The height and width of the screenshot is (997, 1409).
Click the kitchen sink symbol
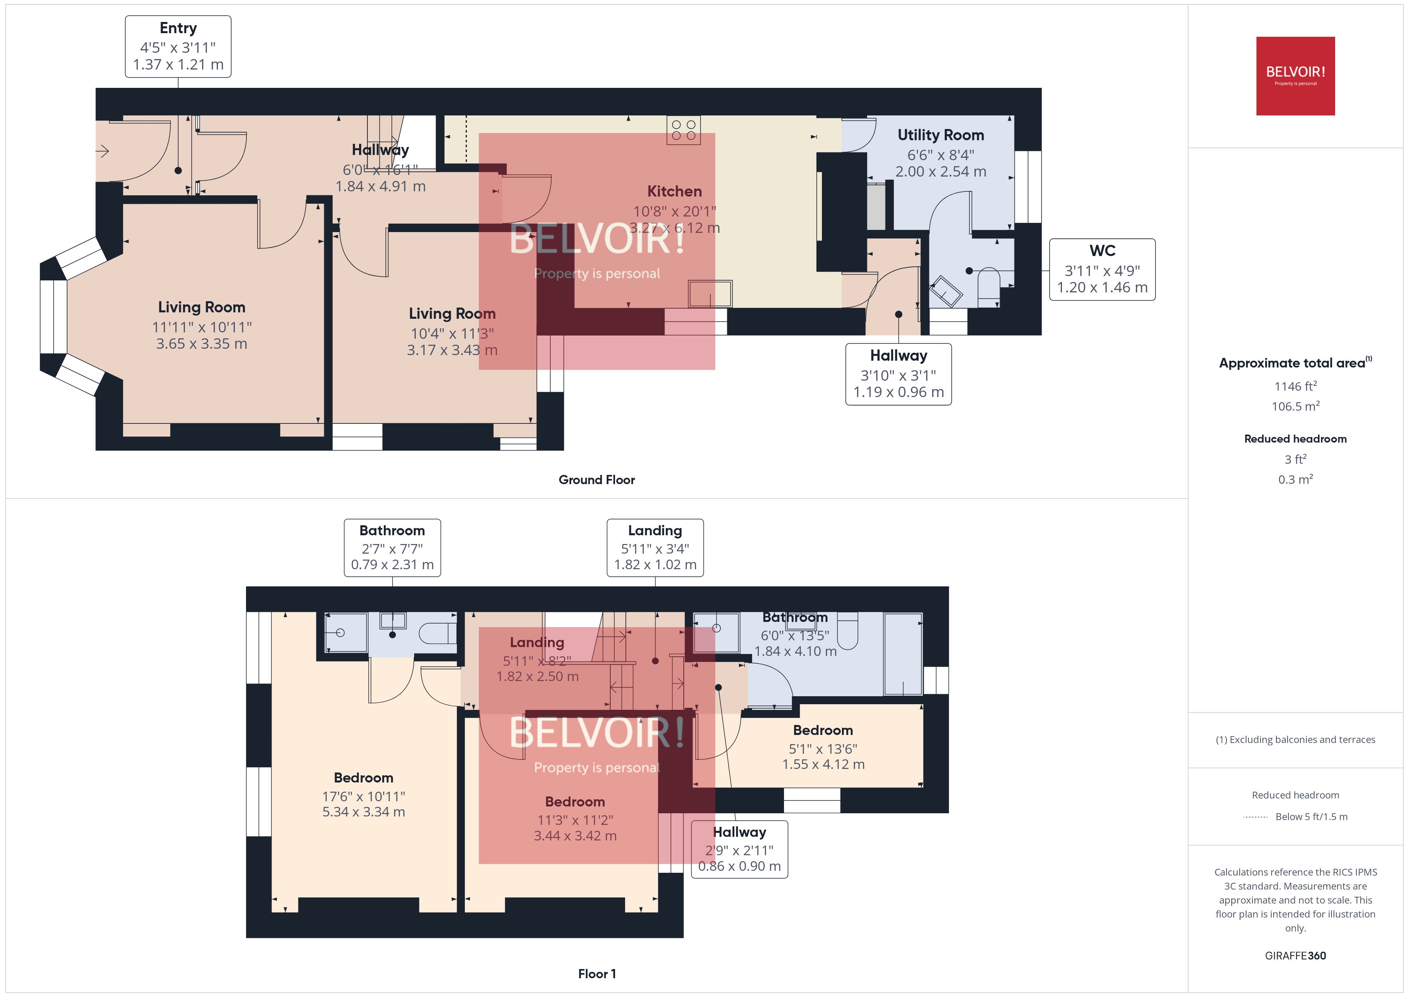[x=710, y=294]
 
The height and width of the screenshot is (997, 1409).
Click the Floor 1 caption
[x=597, y=974]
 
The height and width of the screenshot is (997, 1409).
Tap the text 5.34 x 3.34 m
[x=363, y=812]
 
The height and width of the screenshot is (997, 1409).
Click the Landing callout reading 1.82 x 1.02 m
[x=655, y=548]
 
